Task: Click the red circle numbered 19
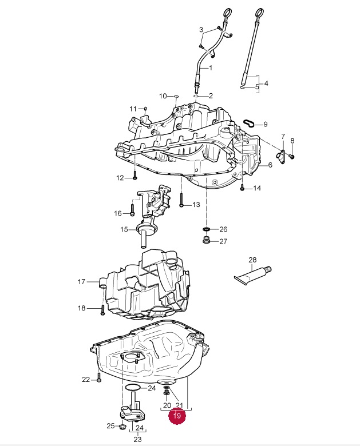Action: [x=177, y=416]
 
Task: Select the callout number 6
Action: [x=270, y=165]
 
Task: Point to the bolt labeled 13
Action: [x=181, y=200]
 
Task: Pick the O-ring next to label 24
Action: [x=132, y=388]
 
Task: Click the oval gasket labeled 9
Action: [x=250, y=123]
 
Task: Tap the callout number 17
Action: [x=81, y=281]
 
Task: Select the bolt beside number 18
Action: [x=103, y=310]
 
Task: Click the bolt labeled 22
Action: [x=99, y=377]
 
